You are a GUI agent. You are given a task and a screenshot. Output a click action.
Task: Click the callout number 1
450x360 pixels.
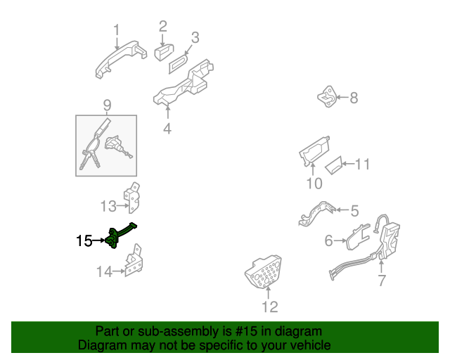116,30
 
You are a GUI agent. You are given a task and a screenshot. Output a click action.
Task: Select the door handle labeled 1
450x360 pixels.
120,58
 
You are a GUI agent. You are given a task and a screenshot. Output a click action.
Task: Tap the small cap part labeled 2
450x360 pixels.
164,53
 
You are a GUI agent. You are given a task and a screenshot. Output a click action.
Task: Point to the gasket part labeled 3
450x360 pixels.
179,63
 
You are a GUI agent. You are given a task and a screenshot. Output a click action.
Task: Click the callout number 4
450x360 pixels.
167,129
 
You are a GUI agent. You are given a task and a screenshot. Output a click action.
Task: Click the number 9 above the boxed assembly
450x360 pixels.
107,105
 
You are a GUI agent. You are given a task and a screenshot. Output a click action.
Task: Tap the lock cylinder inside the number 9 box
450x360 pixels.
117,146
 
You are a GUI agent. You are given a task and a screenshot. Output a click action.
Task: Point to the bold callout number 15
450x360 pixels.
84,241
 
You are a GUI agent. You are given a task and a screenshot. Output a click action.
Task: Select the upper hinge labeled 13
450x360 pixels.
133,198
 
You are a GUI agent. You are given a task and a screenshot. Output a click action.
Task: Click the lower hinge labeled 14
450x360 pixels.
134,261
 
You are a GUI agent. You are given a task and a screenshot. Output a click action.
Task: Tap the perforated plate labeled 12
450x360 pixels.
264,271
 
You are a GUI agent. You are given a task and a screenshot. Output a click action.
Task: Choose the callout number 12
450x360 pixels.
270,307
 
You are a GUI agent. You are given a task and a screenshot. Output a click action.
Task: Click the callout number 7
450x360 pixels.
381,280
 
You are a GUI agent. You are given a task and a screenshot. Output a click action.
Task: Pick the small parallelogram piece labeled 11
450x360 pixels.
334,165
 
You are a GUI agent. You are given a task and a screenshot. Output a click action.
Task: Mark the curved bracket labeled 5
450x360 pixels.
316,213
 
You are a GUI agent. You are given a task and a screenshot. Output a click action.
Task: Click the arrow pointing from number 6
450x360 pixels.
340,240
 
